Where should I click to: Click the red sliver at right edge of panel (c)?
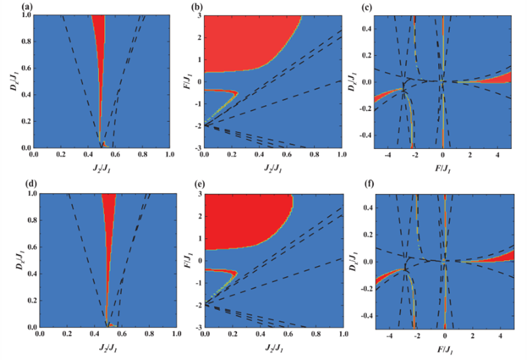[x=504, y=77]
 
